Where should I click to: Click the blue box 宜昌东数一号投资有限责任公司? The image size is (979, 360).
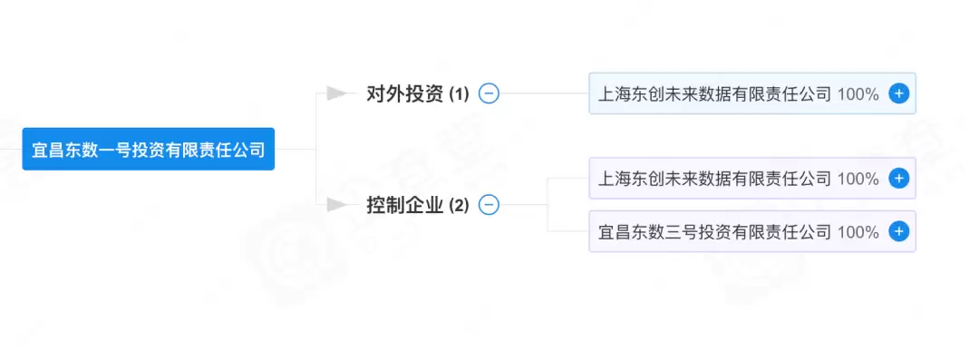pos(148,150)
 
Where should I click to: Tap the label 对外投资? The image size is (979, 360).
pos(404,93)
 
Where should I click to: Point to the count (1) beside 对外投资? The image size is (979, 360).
pos(459,94)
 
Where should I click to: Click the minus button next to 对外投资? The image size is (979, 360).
pos(489,93)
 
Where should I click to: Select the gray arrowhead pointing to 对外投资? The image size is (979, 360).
pos(338,93)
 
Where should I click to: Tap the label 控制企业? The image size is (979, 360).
pos(404,205)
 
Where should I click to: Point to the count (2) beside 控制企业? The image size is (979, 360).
pos(459,206)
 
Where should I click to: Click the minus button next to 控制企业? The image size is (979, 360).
pos(489,205)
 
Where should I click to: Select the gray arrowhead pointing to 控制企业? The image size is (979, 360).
pos(338,205)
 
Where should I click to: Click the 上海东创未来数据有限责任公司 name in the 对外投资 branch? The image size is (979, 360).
pos(714,93)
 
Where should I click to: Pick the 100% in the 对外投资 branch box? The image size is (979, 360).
pos(858,93)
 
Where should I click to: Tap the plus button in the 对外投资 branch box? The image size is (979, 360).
pos(898,93)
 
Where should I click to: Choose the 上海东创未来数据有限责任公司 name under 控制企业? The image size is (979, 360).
pos(714,179)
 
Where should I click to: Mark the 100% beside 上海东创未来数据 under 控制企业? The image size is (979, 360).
pos(858,179)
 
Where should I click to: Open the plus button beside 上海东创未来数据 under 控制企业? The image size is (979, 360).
pos(898,179)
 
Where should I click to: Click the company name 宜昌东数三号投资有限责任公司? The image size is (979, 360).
pos(714,232)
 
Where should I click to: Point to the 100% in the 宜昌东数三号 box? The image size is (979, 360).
pos(858,232)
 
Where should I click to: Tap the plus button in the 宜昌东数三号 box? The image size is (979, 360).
pos(898,232)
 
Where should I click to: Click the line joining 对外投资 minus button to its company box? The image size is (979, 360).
pos(544,93)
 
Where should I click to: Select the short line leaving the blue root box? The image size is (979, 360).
pos(295,150)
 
